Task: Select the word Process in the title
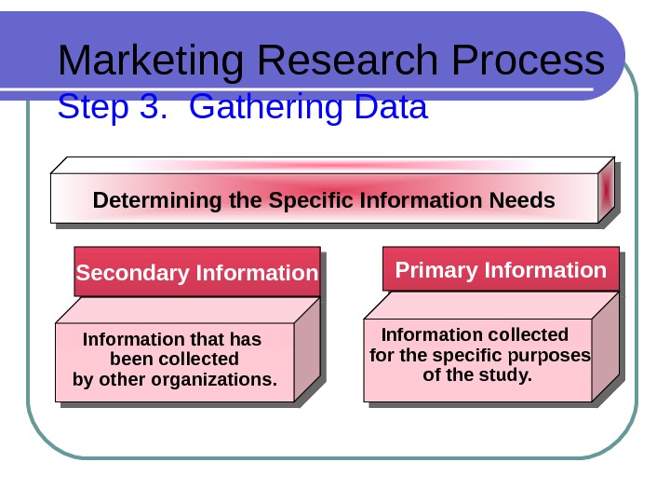tap(531, 61)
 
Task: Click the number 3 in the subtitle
tap(152, 108)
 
